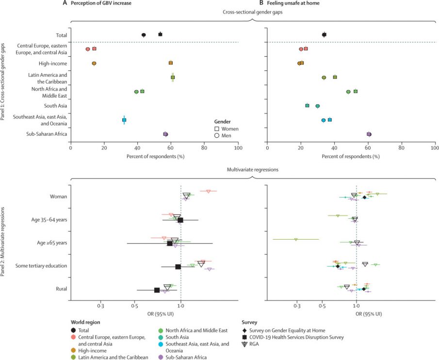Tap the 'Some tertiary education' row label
click(41, 266)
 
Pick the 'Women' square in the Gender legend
click(217, 129)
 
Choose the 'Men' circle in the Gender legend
click(217, 136)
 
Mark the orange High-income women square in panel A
click(171, 63)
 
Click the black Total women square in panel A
click(160, 34)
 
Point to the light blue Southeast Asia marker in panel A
click(124, 120)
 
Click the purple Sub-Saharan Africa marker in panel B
click(369, 134)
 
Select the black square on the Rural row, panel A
click(157, 290)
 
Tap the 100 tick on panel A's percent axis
click(238, 148)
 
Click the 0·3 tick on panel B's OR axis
click(297, 307)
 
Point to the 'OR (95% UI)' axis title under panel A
click(154, 314)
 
